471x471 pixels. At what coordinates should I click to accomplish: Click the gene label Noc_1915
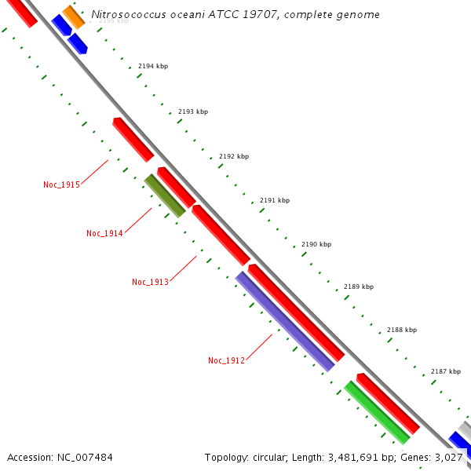tap(61, 185)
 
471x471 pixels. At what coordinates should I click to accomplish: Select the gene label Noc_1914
tap(104, 233)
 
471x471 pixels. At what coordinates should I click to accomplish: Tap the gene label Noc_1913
tap(150, 282)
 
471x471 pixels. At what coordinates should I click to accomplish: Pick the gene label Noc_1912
tap(226, 360)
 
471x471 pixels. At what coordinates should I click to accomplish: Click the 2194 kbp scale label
tap(153, 67)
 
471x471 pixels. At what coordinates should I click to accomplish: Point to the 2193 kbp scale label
tap(193, 111)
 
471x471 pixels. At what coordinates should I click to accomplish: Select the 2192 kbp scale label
tap(234, 156)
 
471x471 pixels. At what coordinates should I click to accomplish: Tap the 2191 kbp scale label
tap(275, 200)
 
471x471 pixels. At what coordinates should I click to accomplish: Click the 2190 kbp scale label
tap(316, 244)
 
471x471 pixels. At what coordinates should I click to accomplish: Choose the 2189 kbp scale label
tap(359, 287)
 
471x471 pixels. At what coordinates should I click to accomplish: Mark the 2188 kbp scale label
tap(402, 330)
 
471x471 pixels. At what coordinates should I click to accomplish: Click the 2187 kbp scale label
tap(446, 371)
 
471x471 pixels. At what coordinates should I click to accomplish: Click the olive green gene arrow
tap(165, 195)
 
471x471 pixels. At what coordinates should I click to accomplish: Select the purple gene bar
tap(285, 321)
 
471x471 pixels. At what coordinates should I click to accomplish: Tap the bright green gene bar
tap(377, 412)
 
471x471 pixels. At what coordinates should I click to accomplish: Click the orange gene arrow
tap(73, 16)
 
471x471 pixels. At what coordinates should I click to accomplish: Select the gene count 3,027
tap(448, 457)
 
